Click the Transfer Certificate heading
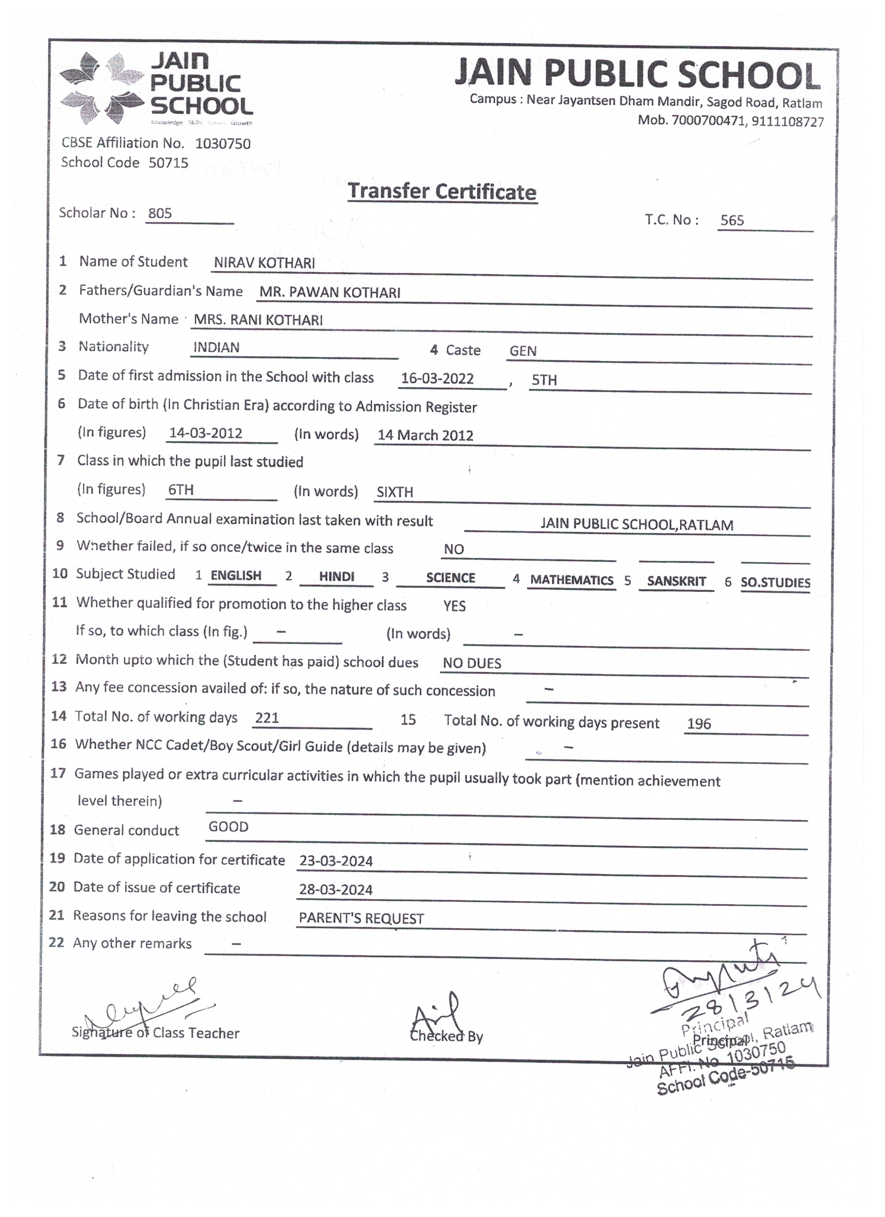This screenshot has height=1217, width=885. (x=441, y=191)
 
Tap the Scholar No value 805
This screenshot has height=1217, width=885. (x=160, y=213)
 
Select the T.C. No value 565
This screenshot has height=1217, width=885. (x=731, y=220)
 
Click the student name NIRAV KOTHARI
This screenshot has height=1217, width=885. (x=264, y=263)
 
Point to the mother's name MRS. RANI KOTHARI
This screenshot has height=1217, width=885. (x=258, y=320)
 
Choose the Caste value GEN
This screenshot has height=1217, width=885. (x=523, y=351)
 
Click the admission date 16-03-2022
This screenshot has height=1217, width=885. (x=437, y=378)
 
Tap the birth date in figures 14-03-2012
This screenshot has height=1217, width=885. (x=205, y=433)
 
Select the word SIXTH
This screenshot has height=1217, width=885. (x=394, y=492)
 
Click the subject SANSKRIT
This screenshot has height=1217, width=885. (x=676, y=581)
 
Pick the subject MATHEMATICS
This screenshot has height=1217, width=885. (x=571, y=580)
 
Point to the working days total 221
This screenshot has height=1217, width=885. (x=267, y=717)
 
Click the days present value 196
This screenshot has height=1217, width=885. (x=699, y=724)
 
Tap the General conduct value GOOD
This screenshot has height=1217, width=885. (x=228, y=826)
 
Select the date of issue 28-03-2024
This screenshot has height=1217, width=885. (x=336, y=890)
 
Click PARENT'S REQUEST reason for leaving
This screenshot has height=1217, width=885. (x=361, y=918)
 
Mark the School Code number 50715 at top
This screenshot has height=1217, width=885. (x=168, y=163)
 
